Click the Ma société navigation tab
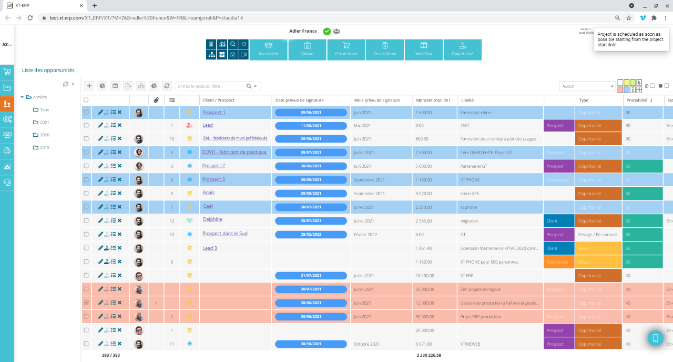pos(268,49)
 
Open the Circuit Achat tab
pos(346,49)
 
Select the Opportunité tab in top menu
pos(462,49)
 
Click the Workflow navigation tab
pos(423,49)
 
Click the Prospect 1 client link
pos(213,113)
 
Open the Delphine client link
pos(212,219)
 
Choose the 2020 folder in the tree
pos(44,135)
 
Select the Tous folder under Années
pos(44,109)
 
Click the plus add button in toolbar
pos(89,86)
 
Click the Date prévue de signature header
pos(299,100)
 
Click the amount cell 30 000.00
pos(425,317)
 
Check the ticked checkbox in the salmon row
pos(86,303)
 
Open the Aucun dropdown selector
pos(587,86)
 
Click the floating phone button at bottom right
pos(655,338)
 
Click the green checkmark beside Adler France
pos(327,31)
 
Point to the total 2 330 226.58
pos(429,355)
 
